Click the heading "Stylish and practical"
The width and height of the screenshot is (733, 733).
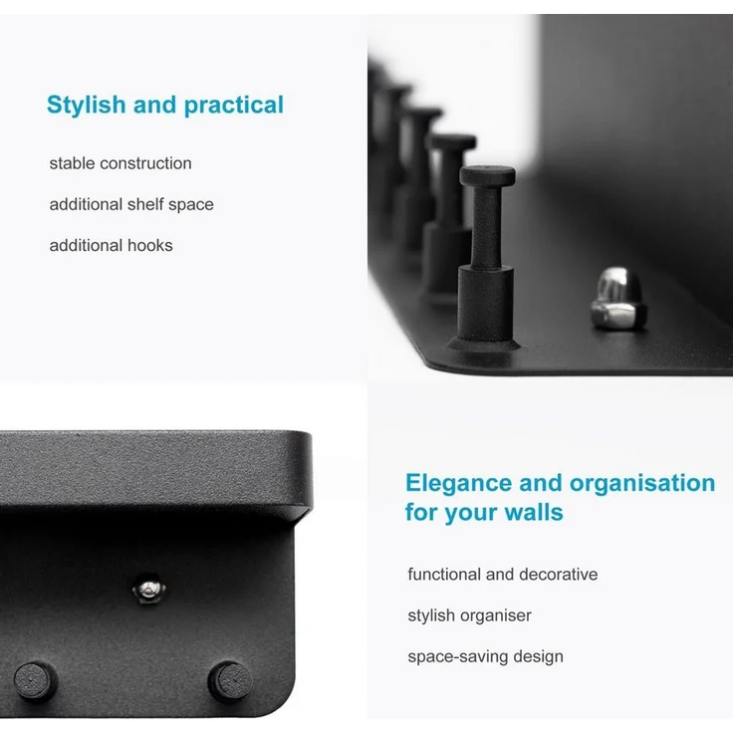point(165,105)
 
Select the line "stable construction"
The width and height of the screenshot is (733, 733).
point(121,163)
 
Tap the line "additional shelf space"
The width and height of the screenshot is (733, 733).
point(131,204)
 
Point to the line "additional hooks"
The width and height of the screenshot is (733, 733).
point(112,245)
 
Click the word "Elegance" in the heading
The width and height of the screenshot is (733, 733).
point(458,483)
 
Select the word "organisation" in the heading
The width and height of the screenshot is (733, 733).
point(642,484)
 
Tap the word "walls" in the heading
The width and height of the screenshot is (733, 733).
point(534,512)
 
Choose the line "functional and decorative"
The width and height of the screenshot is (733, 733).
point(503,574)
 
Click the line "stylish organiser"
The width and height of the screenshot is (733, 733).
point(469,615)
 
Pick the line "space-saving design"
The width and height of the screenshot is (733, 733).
point(485,656)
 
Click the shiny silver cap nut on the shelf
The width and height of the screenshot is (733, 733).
point(618,299)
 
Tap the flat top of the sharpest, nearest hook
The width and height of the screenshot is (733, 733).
point(488,175)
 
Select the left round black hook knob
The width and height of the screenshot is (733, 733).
point(34,681)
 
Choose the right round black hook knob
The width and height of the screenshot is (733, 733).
point(229,681)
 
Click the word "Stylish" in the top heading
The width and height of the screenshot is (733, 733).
point(86,105)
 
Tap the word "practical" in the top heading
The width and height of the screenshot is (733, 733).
point(234,106)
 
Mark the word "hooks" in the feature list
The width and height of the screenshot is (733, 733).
point(150,245)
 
